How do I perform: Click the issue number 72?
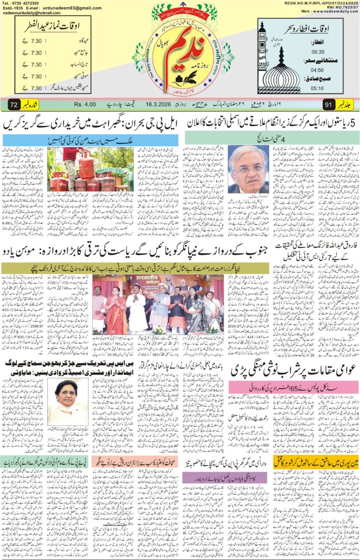(x=14, y=105)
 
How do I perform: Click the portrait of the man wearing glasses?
(x=250, y=169)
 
